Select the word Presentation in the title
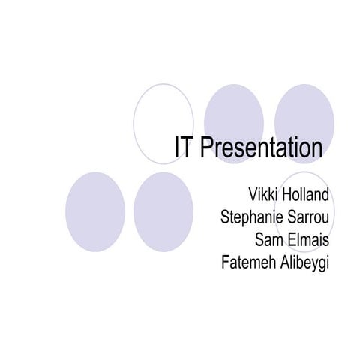[262, 148]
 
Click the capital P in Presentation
[207, 148]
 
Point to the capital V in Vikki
[241, 197]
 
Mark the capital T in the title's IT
[189, 148]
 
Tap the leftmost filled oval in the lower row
[94, 211]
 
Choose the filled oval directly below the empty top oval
[163, 211]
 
